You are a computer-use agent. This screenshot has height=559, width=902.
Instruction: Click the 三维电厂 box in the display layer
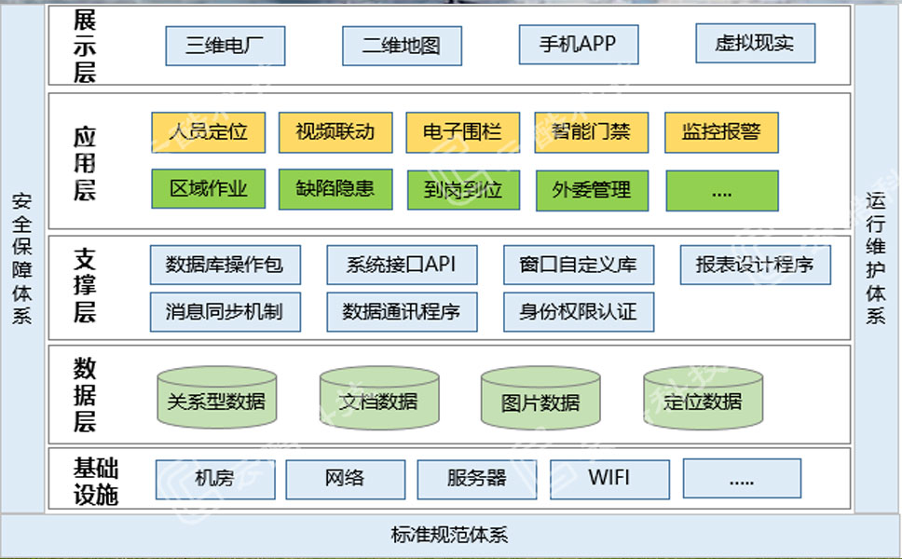(x=225, y=46)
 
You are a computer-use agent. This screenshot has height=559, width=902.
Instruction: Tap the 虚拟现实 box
(x=756, y=43)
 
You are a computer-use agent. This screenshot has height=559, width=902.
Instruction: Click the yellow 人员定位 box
(x=208, y=132)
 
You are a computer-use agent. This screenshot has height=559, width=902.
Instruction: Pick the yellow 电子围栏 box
(x=462, y=132)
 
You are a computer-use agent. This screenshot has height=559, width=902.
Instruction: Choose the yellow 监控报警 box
(x=721, y=132)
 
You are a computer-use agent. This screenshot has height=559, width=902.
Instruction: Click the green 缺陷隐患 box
(x=335, y=189)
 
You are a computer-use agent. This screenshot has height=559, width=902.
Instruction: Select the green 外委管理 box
(x=592, y=190)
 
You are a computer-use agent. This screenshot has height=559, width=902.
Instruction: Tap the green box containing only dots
(x=721, y=190)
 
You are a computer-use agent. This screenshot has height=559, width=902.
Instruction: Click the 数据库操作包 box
(x=224, y=265)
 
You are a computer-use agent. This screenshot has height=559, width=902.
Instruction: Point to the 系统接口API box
(x=402, y=265)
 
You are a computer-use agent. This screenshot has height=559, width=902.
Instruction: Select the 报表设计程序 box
(x=755, y=265)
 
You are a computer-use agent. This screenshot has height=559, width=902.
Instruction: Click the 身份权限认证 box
(x=579, y=312)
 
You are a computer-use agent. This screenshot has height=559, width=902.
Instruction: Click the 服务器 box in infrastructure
(x=476, y=479)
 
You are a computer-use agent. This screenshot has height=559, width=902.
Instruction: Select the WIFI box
(x=609, y=479)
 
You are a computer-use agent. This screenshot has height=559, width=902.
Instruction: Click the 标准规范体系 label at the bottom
(x=450, y=536)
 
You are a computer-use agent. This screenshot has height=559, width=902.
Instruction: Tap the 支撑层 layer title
(x=85, y=286)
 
